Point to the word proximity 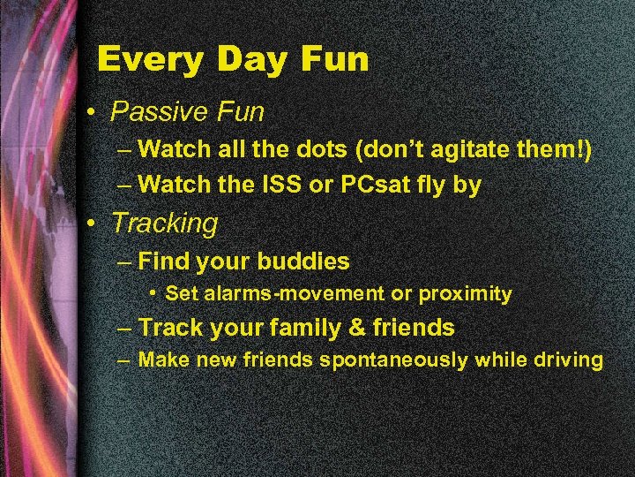tap(468, 294)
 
